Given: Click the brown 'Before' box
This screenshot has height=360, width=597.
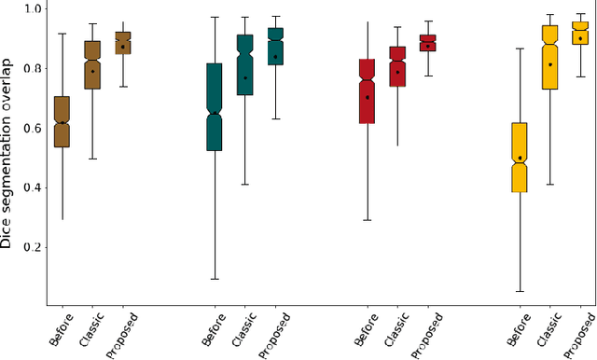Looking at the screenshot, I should click(62, 121).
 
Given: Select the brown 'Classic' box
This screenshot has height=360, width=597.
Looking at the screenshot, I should click(91, 64).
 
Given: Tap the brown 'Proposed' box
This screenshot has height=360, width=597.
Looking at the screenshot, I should click(122, 43).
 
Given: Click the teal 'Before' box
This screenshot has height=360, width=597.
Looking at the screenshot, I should click(215, 106).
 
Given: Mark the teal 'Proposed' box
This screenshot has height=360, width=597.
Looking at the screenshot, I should click(275, 47).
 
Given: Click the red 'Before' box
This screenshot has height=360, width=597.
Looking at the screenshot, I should click(368, 90).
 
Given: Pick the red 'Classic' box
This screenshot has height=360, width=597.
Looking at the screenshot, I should click(398, 66).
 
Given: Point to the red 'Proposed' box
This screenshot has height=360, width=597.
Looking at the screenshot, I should click(428, 43).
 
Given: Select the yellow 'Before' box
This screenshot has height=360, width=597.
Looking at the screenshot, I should click(521, 157).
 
